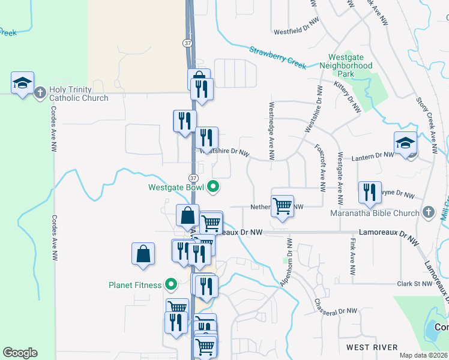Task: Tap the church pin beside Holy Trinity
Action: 40,93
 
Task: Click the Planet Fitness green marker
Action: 171,285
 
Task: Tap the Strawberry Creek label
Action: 278,58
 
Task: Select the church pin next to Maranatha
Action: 428,212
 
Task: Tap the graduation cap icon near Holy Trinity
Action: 22,83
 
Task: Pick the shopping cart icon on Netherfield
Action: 282,206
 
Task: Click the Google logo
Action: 20,353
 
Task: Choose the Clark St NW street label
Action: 415,283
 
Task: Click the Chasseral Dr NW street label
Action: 336,306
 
